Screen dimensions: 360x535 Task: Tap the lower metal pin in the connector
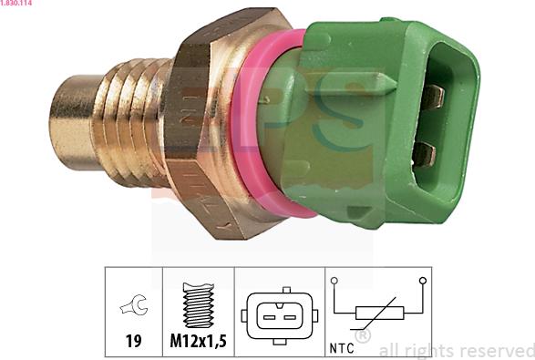coord(425,153)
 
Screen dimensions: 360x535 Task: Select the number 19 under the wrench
coord(133,342)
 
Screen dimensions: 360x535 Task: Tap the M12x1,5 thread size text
coord(199,342)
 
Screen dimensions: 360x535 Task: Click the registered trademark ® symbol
coord(362,337)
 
